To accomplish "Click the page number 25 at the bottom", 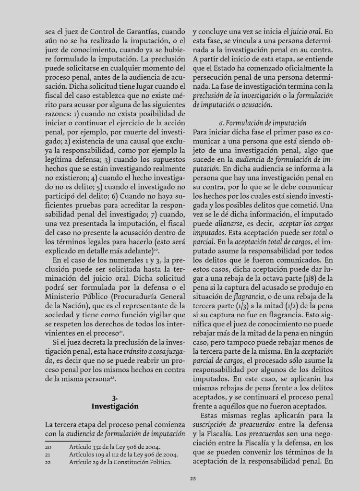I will pyautogui.click(x=192, y=478).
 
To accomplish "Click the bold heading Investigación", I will pyautogui.click(x=115, y=406).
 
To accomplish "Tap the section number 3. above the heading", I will pyautogui.click(x=115, y=397).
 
